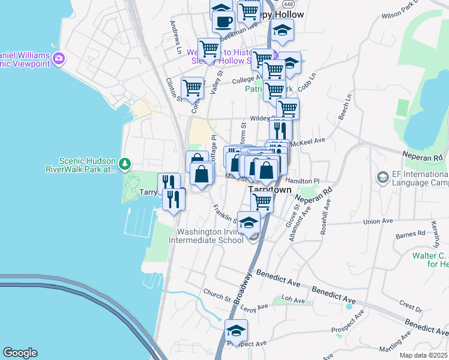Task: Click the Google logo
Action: (x=20, y=353)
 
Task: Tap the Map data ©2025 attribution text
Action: (x=423, y=355)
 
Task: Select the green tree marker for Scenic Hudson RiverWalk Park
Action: (x=124, y=163)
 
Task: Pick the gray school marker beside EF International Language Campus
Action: (x=382, y=178)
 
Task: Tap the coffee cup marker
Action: (x=224, y=22)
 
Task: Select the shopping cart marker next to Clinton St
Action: (x=192, y=88)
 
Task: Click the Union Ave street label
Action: (x=378, y=221)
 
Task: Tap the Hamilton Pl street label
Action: (x=303, y=180)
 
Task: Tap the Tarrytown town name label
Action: (x=270, y=189)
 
